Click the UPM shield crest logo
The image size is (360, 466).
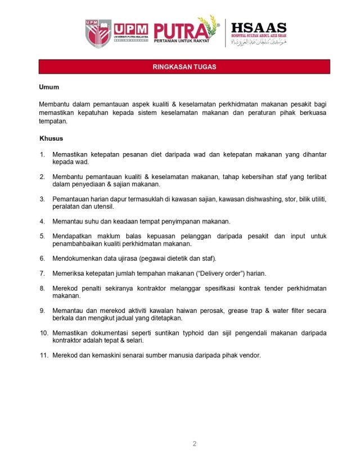tap(98, 33)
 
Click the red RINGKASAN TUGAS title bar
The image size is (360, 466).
tap(184, 67)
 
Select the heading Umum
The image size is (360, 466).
tap(49, 87)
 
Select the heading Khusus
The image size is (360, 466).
tap(51, 138)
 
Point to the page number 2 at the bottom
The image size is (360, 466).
tap(194, 443)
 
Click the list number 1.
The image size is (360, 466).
tap(42, 154)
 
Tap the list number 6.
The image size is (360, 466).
tap(42, 258)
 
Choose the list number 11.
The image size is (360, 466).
tap(43, 355)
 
